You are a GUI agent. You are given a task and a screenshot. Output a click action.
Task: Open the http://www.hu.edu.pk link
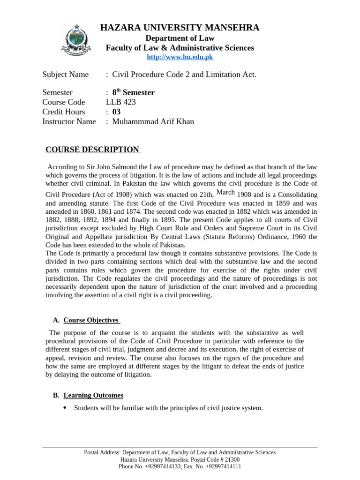coord(180,57)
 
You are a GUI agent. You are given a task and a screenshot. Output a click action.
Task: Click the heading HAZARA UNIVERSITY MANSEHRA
coord(180,28)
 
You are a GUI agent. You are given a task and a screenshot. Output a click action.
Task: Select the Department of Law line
coord(180,38)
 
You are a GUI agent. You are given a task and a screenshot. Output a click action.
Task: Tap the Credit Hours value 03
coord(117,112)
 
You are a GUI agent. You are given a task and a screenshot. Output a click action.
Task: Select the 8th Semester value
coord(133,92)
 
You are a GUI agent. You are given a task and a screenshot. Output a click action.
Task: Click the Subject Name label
coord(65,74)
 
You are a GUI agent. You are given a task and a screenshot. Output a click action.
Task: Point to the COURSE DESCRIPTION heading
coord(92,150)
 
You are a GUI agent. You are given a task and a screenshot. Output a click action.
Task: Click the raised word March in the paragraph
coord(225,192)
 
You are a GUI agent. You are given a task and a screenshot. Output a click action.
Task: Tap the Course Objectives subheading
coord(91,320)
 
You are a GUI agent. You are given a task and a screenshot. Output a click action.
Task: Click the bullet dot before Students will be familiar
coord(64,407)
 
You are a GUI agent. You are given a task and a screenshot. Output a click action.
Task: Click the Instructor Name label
coord(69,122)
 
